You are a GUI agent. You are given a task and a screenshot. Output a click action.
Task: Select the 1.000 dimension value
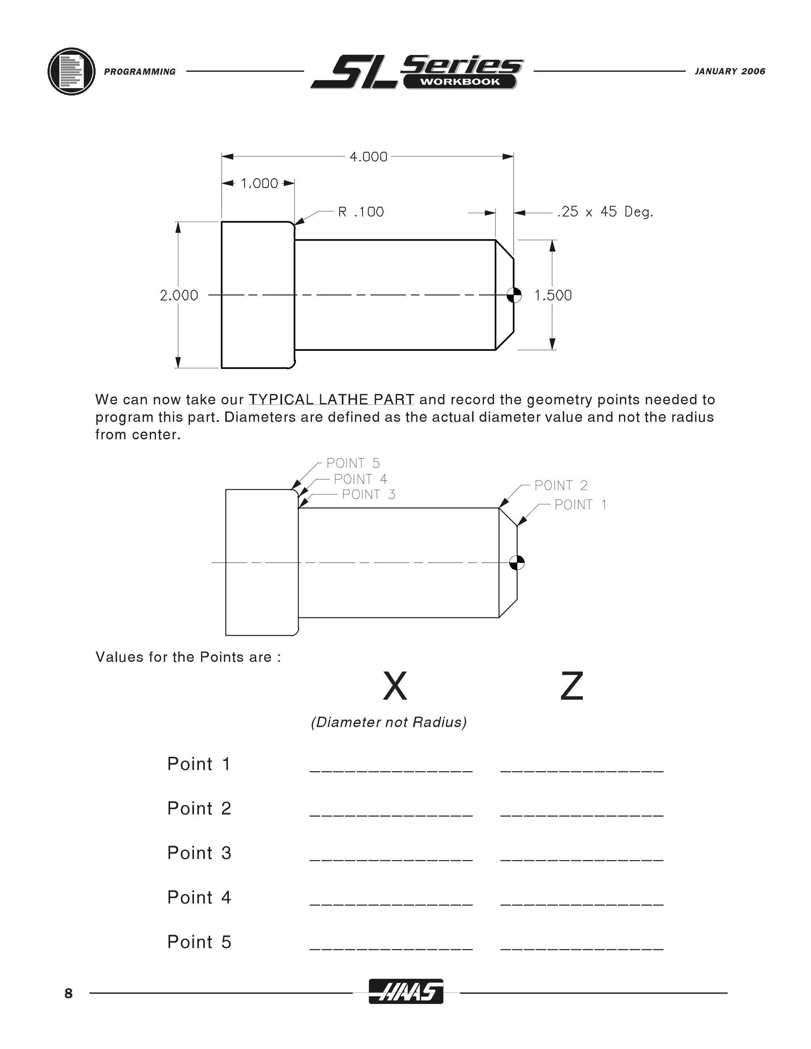[259, 184]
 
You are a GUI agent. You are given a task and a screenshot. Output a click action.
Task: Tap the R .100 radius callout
[361, 212]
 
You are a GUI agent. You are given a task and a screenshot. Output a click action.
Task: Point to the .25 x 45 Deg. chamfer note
[605, 212]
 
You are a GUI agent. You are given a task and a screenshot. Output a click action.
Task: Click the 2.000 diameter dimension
[179, 295]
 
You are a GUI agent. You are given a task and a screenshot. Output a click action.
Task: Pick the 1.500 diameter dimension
[553, 295]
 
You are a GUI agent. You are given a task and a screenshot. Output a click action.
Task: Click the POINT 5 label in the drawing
[353, 463]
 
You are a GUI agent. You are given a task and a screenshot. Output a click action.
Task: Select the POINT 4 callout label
[360, 479]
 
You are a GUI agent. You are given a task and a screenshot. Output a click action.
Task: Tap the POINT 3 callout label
[369, 494]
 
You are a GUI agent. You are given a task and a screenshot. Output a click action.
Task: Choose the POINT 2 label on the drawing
[561, 486]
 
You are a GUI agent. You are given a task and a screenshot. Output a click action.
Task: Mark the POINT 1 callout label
[581, 505]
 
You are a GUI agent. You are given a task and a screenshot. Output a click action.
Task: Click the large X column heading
[395, 686]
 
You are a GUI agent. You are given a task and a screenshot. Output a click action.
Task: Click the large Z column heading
[572, 686]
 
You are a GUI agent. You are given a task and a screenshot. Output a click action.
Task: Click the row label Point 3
[199, 853]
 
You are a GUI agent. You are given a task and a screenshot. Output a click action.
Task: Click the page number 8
[69, 994]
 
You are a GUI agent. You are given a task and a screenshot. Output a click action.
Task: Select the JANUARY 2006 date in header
[730, 72]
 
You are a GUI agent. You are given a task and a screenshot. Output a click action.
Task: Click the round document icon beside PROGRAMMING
[72, 72]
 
